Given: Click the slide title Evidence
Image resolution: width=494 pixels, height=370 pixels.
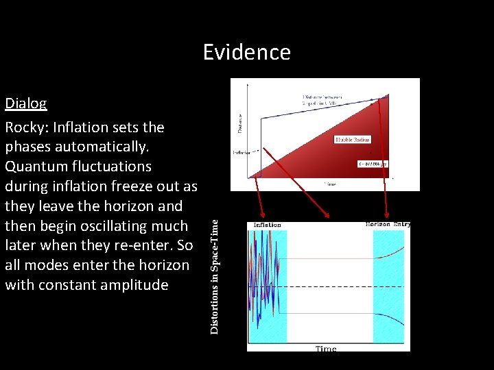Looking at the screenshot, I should tap(246, 52).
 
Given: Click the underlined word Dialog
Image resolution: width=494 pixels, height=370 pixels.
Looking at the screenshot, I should tap(26, 103).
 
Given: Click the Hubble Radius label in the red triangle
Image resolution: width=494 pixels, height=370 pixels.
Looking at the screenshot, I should tap(352, 140).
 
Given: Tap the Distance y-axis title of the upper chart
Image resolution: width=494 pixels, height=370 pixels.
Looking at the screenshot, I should tap(239, 123).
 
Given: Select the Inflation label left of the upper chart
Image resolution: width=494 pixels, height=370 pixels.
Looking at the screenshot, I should tap(242, 152).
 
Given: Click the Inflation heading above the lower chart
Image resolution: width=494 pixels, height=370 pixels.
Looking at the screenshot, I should tap(267, 225).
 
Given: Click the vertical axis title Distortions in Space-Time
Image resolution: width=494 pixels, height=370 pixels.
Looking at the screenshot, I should tap(215, 276).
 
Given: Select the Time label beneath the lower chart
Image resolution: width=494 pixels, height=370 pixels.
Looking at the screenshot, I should tap(326, 349).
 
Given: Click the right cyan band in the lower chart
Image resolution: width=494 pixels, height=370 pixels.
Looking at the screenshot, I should tap(390, 288).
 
